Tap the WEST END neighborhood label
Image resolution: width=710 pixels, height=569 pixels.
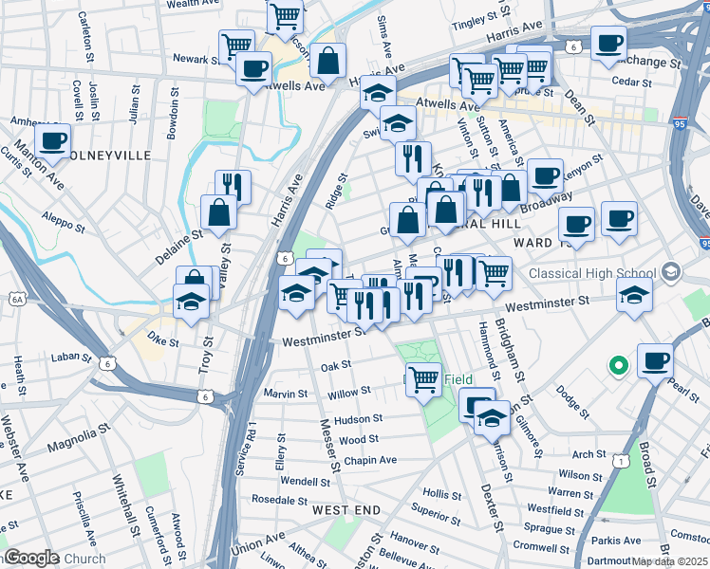click(x=346, y=510)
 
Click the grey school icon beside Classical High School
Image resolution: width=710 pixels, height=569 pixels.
click(x=672, y=272)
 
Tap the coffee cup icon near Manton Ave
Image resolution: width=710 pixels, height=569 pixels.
click(x=53, y=140)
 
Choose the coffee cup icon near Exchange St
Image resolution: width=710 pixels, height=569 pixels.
click(x=608, y=42)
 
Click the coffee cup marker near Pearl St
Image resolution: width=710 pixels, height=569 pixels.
click(x=656, y=360)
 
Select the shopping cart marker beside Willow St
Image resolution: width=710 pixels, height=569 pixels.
click(x=422, y=378)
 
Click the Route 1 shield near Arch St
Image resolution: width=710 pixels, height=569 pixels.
click(x=620, y=461)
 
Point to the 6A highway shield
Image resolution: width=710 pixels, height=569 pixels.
click(x=16, y=300)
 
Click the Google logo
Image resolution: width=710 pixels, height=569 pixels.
click(x=30, y=558)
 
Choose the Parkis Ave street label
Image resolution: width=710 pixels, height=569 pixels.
click(x=618, y=541)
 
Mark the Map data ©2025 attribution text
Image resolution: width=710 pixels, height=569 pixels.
click(x=669, y=561)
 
